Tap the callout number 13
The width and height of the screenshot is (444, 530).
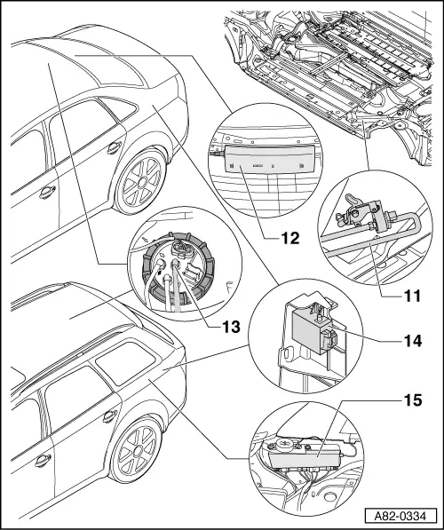tap(231, 327)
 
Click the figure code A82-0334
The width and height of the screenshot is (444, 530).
tap(400, 516)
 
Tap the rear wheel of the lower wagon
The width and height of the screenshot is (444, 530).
tap(135, 447)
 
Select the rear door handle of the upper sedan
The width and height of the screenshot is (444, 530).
tap(115, 148)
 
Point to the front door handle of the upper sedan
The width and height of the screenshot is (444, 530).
tap(47, 192)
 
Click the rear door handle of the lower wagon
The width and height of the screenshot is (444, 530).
tap(110, 416)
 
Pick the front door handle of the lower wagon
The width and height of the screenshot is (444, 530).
tap(43, 461)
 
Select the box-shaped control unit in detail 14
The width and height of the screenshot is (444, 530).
tap(310, 332)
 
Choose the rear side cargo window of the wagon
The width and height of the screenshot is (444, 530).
tap(124, 363)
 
